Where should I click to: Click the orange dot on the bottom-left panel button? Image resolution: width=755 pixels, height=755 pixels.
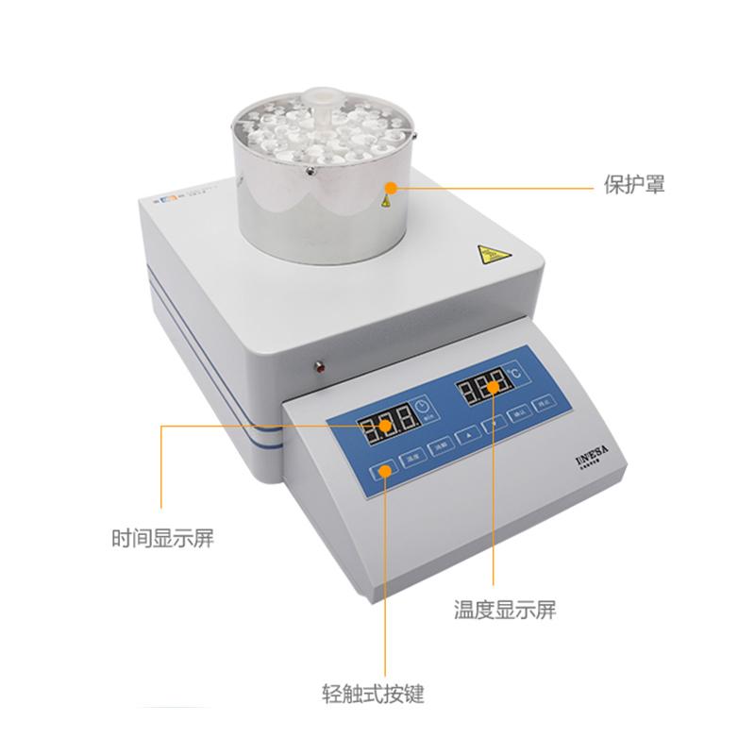click(386, 468)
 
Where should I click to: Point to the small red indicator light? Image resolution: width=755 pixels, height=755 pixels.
click(319, 364)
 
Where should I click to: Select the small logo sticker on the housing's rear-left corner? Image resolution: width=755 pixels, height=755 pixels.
click(161, 198)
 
